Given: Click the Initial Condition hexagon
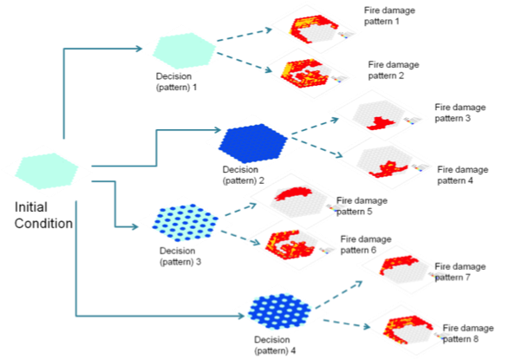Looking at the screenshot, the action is (x=47, y=171).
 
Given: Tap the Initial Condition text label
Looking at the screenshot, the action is (x=43, y=215).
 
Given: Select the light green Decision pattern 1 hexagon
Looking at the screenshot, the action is (x=184, y=50).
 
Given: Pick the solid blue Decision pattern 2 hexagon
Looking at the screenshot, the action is (x=253, y=143).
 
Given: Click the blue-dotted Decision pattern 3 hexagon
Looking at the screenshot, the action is (x=185, y=222).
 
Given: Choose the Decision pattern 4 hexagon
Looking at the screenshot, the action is (x=279, y=311).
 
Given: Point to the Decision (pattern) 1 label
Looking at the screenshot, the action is (x=176, y=82).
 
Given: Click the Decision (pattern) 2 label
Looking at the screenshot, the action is (x=243, y=175).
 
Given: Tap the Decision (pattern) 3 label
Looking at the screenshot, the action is (x=180, y=256).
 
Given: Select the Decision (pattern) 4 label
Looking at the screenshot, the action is (x=275, y=345).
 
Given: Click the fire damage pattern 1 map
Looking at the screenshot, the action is (x=313, y=29).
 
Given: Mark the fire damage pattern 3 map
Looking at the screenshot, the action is (x=379, y=115).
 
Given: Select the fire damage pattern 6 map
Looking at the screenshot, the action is (x=291, y=245).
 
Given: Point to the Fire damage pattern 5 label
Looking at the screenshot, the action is (x=362, y=206).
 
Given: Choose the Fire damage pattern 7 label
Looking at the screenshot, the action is (x=460, y=272).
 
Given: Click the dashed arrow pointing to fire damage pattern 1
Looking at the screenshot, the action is (x=245, y=35).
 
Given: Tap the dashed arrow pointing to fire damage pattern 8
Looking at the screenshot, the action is (x=347, y=324).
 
